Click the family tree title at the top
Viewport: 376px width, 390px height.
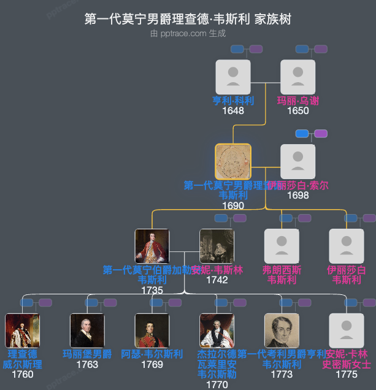coord(188,19)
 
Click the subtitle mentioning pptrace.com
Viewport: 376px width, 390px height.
coord(188,34)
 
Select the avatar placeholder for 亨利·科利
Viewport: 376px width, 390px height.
coord(233,77)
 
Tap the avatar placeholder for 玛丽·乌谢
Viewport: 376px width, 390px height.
coord(297,77)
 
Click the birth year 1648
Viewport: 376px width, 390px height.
coord(233,111)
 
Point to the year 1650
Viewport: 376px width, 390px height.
coord(297,111)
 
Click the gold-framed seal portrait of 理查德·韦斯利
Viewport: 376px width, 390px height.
coord(233,161)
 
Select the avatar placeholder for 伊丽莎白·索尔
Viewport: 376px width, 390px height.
coord(297,161)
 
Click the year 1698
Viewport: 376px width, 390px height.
coord(297,195)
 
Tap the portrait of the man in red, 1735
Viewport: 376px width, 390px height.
coord(152,246)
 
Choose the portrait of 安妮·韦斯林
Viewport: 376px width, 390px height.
coord(217,246)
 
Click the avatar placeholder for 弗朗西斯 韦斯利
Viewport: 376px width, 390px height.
coord(282,246)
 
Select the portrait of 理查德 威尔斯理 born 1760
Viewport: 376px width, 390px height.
coord(23,331)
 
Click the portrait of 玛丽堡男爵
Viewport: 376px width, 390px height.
coord(87,331)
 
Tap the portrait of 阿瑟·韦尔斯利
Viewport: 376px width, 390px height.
coord(152,331)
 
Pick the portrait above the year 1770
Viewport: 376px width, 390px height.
coord(217,331)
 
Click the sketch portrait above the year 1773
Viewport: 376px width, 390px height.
coord(282,331)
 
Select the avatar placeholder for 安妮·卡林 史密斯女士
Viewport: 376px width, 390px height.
coord(347,331)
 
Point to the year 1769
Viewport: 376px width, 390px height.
coord(152,364)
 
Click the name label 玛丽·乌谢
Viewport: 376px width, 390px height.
coord(297,101)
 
